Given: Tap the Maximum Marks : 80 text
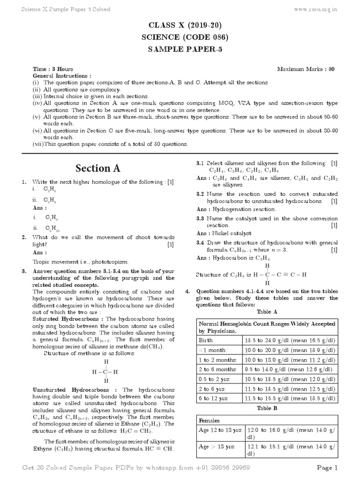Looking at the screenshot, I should (306, 69).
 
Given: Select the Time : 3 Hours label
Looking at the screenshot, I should (52, 69).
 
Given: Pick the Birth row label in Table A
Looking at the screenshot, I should (207, 340).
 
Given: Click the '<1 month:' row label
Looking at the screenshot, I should (214, 350).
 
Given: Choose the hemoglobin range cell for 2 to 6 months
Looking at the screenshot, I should (289, 369).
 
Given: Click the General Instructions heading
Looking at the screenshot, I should (62, 75).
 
